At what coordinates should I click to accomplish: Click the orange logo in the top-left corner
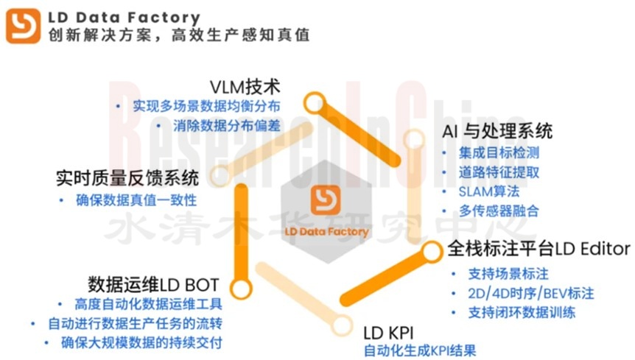(x=23, y=25)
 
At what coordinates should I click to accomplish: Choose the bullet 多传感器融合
(x=499, y=211)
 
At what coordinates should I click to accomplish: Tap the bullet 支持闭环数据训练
(x=521, y=312)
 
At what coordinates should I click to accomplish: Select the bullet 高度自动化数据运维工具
(x=148, y=304)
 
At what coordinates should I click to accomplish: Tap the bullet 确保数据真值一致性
(x=136, y=200)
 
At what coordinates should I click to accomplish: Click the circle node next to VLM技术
(x=315, y=102)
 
